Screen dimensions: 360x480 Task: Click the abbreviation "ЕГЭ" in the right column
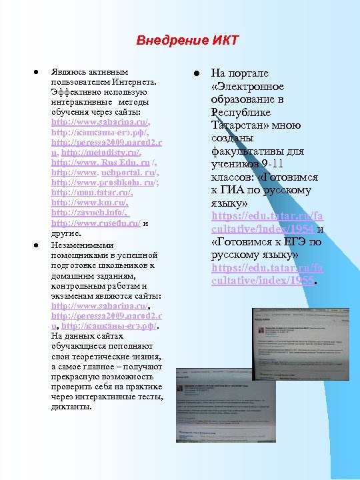pyautogui.click(x=291, y=242)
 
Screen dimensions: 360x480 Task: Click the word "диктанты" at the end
pyautogui.click(x=71, y=407)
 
